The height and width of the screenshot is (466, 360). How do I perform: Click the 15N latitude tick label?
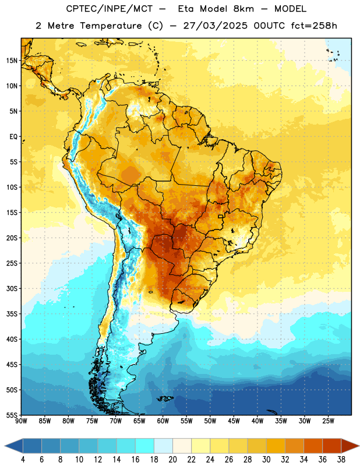click(x=12, y=61)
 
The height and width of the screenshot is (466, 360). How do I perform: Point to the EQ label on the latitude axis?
click(x=13, y=137)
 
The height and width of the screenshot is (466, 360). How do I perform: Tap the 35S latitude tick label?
click(x=12, y=314)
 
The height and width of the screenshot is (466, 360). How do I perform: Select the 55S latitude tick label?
click(x=12, y=415)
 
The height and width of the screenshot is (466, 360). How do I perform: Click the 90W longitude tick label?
click(x=21, y=421)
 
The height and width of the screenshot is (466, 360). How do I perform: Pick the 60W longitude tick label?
click(x=163, y=421)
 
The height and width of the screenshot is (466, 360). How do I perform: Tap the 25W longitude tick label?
click(x=328, y=421)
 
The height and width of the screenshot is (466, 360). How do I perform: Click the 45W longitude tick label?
click(x=234, y=421)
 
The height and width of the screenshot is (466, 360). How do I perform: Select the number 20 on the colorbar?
click(x=172, y=460)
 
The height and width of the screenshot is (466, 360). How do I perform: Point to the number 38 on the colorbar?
click(x=341, y=460)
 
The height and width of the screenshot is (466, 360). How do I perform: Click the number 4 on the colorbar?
click(x=23, y=460)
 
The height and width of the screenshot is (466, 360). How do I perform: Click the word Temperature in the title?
click(x=111, y=26)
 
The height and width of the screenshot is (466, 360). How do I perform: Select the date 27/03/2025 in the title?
click(x=215, y=26)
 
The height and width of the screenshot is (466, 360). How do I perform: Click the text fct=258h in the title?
click(x=314, y=26)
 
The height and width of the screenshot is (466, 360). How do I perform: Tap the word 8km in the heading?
click(x=243, y=9)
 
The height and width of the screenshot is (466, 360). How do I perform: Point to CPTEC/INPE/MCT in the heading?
click(x=110, y=9)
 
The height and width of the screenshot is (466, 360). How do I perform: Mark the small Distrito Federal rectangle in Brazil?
click(x=221, y=217)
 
